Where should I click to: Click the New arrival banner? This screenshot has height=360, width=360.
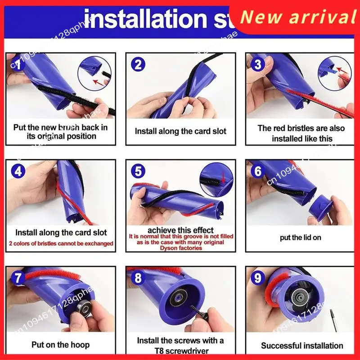click(x=297, y=17)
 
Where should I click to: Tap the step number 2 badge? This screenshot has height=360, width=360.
click(x=138, y=64)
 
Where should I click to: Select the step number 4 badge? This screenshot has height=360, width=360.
click(x=18, y=171)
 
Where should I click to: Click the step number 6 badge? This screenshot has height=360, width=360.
click(x=258, y=171)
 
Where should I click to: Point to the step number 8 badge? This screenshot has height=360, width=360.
click(x=138, y=278)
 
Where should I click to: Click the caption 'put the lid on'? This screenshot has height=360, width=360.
click(x=300, y=237)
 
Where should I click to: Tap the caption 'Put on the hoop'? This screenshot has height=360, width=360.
click(x=60, y=345)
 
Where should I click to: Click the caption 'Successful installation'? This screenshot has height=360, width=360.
click(x=302, y=346)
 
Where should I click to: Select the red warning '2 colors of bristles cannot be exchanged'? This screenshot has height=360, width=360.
click(x=61, y=243)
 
